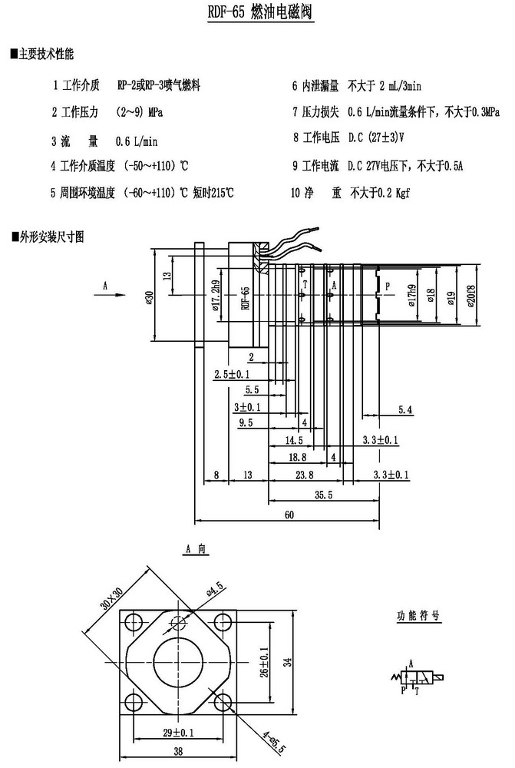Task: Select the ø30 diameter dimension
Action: pyautogui.click(x=149, y=294)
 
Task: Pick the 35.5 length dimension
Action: pyautogui.click(x=323, y=495)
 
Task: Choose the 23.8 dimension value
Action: pyautogui.click(x=305, y=476)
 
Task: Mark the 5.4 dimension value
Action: pyautogui.click(x=404, y=411)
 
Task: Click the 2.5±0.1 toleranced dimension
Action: pyautogui.click(x=232, y=374)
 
